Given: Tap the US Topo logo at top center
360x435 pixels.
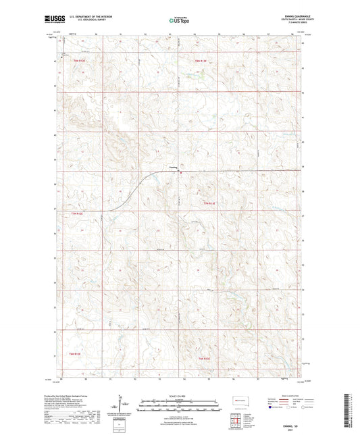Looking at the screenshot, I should click(x=179, y=21).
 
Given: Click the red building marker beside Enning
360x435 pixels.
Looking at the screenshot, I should click(x=181, y=172).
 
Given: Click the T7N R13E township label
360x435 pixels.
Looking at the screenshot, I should click(x=208, y=203).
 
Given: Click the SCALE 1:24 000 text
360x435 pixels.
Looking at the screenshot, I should click(x=180, y=396).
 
